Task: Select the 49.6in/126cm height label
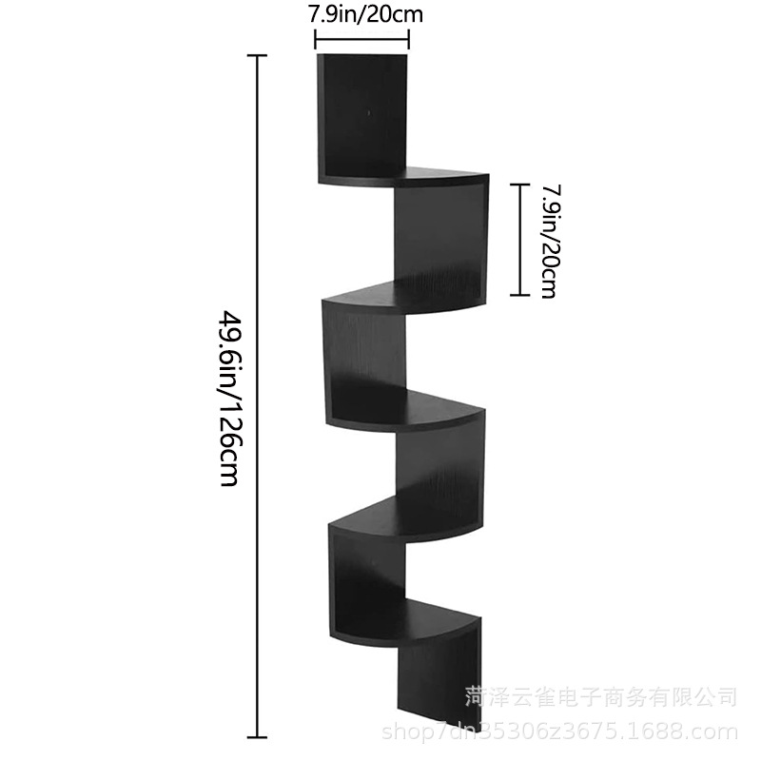(x=228, y=397)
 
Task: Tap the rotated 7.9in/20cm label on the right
(x=549, y=240)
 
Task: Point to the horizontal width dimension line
(x=361, y=39)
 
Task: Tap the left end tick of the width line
(x=315, y=39)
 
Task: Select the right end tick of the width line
(x=409, y=39)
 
